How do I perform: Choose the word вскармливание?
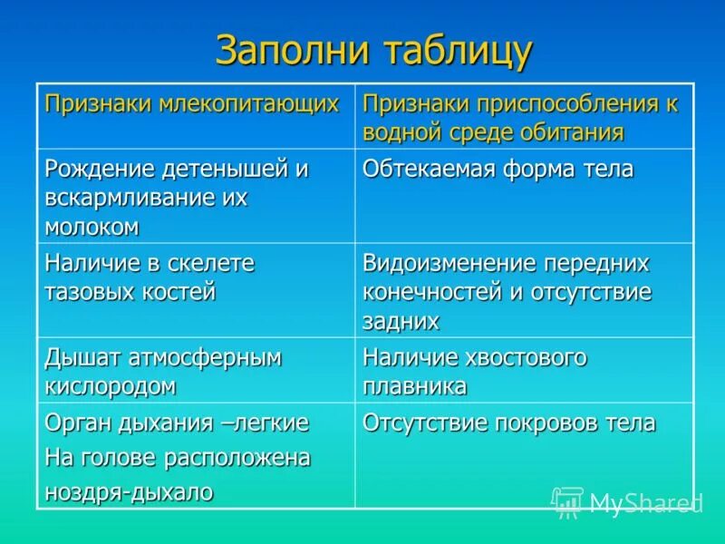click(132, 198)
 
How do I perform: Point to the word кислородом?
click(110, 386)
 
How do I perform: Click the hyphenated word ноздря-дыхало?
click(129, 491)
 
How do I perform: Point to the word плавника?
click(415, 386)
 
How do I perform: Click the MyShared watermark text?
click(645, 504)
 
